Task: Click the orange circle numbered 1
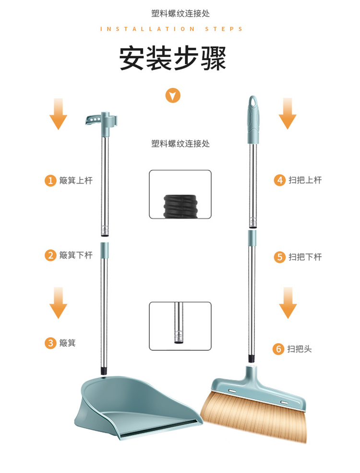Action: click(x=50, y=181)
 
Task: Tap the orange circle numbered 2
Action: click(x=50, y=255)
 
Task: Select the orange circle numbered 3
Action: click(x=50, y=343)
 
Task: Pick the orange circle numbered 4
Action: click(x=280, y=180)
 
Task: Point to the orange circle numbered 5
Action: click(x=280, y=257)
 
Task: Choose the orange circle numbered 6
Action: click(x=278, y=349)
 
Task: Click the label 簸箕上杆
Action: click(x=76, y=181)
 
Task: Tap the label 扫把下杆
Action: click(x=305, y=257)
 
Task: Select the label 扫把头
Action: click(x=300, y=349)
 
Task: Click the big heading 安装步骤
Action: click(x=173, y=59)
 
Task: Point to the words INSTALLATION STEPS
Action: click(x=171, y=29)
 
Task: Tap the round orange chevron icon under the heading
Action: click(x=173, y=96)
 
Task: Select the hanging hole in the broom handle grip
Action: click(x=253, y=102)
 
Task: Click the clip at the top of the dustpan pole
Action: click(x=101, y=120)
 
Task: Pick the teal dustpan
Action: click(x=137, y=407)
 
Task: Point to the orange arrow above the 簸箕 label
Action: click(x=58, y=303)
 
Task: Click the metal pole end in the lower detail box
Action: click(x=179, y=323)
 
